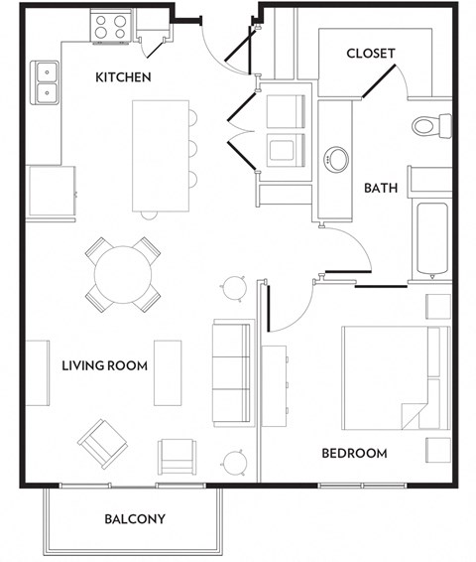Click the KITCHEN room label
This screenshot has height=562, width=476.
tap(123, 77)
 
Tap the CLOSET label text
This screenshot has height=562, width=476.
tap(371, 54)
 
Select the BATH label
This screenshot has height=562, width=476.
tap(381, 187)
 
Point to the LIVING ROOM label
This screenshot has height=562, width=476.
tap(104, 366)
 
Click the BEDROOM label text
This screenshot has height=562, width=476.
tap(354, 454)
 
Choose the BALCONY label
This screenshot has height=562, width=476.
tap(135, 519)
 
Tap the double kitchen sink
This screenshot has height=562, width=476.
tap(46, 83)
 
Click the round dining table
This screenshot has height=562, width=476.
tap(124, 272)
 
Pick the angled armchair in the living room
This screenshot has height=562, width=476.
tap(104, 441)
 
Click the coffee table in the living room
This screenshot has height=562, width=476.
tap(168, 373)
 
